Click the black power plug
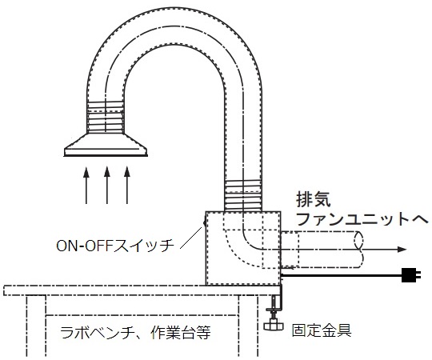[x=411, y=275]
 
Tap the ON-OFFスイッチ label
[x=115, y=246]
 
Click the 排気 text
[x=314, y=199]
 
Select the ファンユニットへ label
[x=362, y=219]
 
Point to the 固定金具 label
[x=322, y=330]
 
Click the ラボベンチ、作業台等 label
[x=135, y=333]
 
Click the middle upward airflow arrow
[x=107, y=185]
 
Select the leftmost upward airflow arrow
[x=86, y=185]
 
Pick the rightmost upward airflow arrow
[x=127, y=185]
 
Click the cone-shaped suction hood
[x=106, y=145]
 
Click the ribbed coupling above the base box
[x=243, y=196]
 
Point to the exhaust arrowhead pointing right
[x=402, y=250]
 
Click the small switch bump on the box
[x=205, y=222]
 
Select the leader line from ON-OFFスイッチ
[x=191, y=238]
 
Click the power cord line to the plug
[x=342, y=275]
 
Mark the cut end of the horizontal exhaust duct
[x=358, y=250]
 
